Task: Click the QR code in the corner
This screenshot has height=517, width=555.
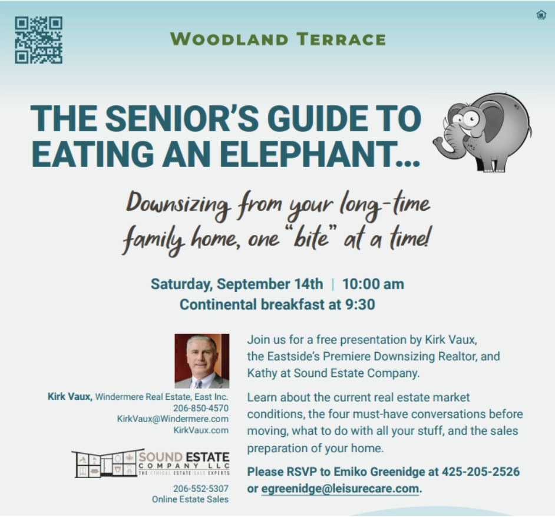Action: pos(38,39)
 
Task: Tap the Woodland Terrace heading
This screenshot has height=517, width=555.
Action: pos(277,39)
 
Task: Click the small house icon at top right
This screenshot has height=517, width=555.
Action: pos(541,15)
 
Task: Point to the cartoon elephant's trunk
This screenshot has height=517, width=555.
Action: pos(444,139)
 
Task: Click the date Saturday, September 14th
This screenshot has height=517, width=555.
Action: pos(237,284)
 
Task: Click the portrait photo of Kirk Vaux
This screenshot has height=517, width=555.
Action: pos(201,361)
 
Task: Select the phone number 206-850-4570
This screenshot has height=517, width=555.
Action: pos(201,408)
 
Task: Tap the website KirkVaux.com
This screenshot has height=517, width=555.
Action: pos(201,430)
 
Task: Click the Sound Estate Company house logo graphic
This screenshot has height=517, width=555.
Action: pos(104,464)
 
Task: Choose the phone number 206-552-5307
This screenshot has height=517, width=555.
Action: pos(201,489)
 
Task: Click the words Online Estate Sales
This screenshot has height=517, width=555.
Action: pos(190,499)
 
